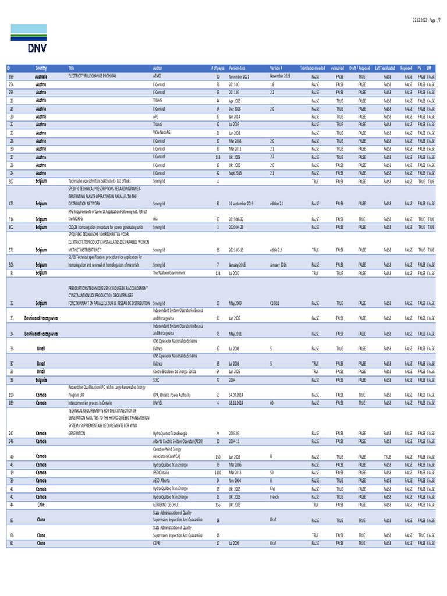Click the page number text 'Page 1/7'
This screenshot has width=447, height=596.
[429, 20]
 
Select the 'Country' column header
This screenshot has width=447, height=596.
[41, 68]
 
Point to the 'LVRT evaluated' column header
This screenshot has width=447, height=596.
[385, 68]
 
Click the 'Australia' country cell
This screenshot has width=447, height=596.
[41, 76]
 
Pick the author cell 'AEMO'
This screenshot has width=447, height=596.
[157, 76]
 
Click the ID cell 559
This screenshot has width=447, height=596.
[12, 76]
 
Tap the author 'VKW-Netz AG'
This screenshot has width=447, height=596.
[161, 133]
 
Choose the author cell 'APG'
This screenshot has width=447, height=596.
[155, 116]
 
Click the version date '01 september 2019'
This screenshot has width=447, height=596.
[241, 204]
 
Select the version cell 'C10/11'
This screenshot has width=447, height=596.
[276, 303]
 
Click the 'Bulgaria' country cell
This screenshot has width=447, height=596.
[41, 379]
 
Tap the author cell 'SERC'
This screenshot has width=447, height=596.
[157, 379]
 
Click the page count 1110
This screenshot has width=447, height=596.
[217, 473]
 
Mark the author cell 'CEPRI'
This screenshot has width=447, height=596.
[157, 543]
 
